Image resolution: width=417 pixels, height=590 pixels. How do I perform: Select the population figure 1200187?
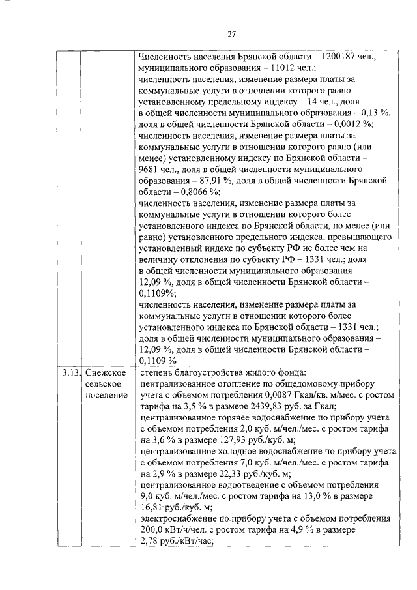click(327, 57)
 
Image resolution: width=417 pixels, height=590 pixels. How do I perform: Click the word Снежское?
click(104, 374)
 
